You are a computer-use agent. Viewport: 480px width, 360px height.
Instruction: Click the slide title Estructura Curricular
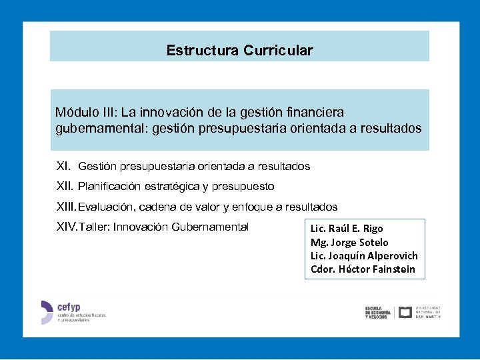239,51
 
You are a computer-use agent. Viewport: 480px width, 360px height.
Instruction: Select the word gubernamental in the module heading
91,128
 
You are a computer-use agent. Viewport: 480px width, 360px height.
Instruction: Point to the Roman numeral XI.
63,166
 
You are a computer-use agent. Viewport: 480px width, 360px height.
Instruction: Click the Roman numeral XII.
65,187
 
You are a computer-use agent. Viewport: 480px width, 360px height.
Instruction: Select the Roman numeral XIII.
67,207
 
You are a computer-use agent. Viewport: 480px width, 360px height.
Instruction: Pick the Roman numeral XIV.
67,227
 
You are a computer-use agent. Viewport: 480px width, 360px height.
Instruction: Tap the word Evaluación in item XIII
103,207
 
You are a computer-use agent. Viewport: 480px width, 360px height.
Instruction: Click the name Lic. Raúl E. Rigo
347,229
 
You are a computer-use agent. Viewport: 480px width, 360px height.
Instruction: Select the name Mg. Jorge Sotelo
349,242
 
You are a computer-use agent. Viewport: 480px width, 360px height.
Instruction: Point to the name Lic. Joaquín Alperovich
364,256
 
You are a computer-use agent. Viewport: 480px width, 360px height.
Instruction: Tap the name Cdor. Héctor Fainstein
363,269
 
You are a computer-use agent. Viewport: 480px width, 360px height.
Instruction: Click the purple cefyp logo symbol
46,312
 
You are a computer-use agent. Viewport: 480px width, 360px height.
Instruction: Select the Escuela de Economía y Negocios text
378,313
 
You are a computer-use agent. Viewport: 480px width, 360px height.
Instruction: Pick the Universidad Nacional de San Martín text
428,312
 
